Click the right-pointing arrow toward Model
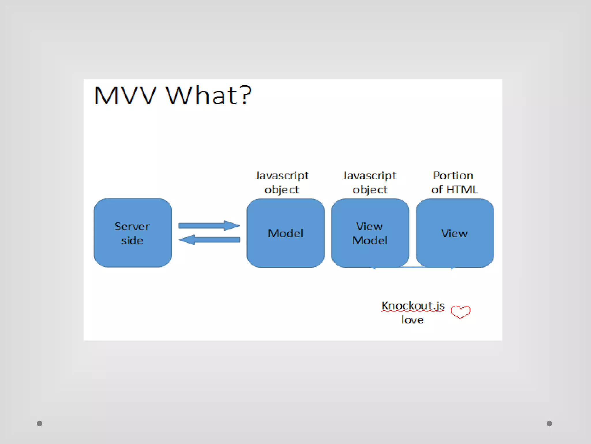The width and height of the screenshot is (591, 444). coord(209,225)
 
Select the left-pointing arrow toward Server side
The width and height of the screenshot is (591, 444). coord(209,240)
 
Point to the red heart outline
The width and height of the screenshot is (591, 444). coord(461,312)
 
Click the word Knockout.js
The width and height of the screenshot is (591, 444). coord(413,306)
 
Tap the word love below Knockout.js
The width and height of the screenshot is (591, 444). coord(412,320)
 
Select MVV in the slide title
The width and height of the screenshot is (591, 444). coord(125,95)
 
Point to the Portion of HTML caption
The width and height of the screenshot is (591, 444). coord(454,182)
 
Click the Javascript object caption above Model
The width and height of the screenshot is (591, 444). coord(282,182)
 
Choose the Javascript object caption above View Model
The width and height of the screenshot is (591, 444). coord(370,182)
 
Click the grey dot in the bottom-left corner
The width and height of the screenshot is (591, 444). coord(40,423)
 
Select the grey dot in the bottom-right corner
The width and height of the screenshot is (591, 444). coord(549,423)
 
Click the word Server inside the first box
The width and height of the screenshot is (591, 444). coord(132,226)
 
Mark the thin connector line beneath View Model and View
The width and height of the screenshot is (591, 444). coord(413,267)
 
